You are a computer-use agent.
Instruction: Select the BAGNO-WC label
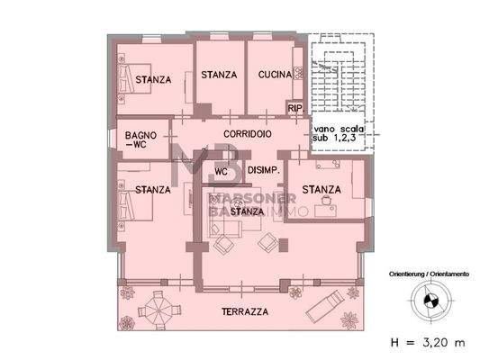click(x=142, y=139)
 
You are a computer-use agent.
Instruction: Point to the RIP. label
click(x=294, y=109)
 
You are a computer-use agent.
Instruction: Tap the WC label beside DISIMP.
click(x=222, y=169)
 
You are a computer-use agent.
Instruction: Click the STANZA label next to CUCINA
click(x=219, y=76)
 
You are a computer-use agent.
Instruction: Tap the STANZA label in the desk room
click(x=322, y=190)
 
